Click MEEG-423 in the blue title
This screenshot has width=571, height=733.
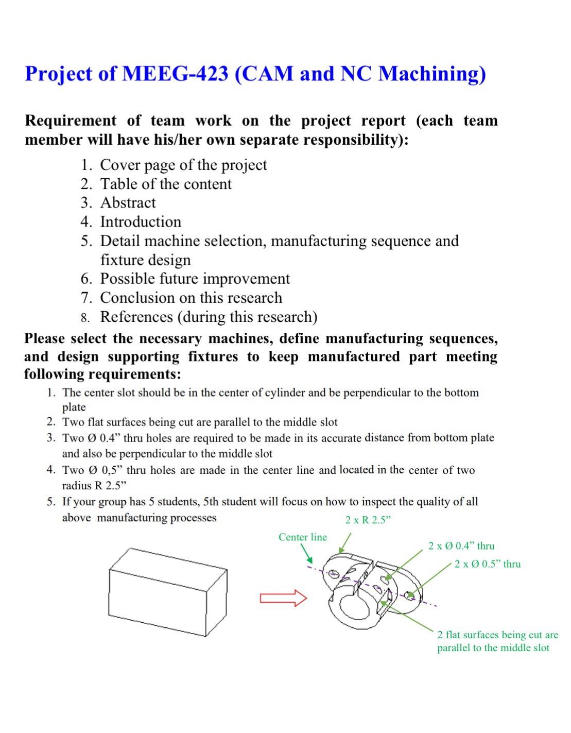175,74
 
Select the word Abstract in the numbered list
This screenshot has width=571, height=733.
128,203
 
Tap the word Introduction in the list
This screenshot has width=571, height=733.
141,222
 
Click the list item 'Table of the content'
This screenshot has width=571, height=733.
166,184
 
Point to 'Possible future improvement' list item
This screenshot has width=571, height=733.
195,279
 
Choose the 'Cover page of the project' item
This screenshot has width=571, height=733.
183,165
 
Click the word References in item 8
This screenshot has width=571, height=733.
136,317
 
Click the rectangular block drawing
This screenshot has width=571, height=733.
168,592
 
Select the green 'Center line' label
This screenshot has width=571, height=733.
303,537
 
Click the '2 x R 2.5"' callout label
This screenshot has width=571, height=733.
368,520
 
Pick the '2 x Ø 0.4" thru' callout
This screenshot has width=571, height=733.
461,546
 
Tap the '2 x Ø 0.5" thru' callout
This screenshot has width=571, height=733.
487,564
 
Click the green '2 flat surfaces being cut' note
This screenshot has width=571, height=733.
497,641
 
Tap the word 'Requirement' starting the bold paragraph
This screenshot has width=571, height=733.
71,121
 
